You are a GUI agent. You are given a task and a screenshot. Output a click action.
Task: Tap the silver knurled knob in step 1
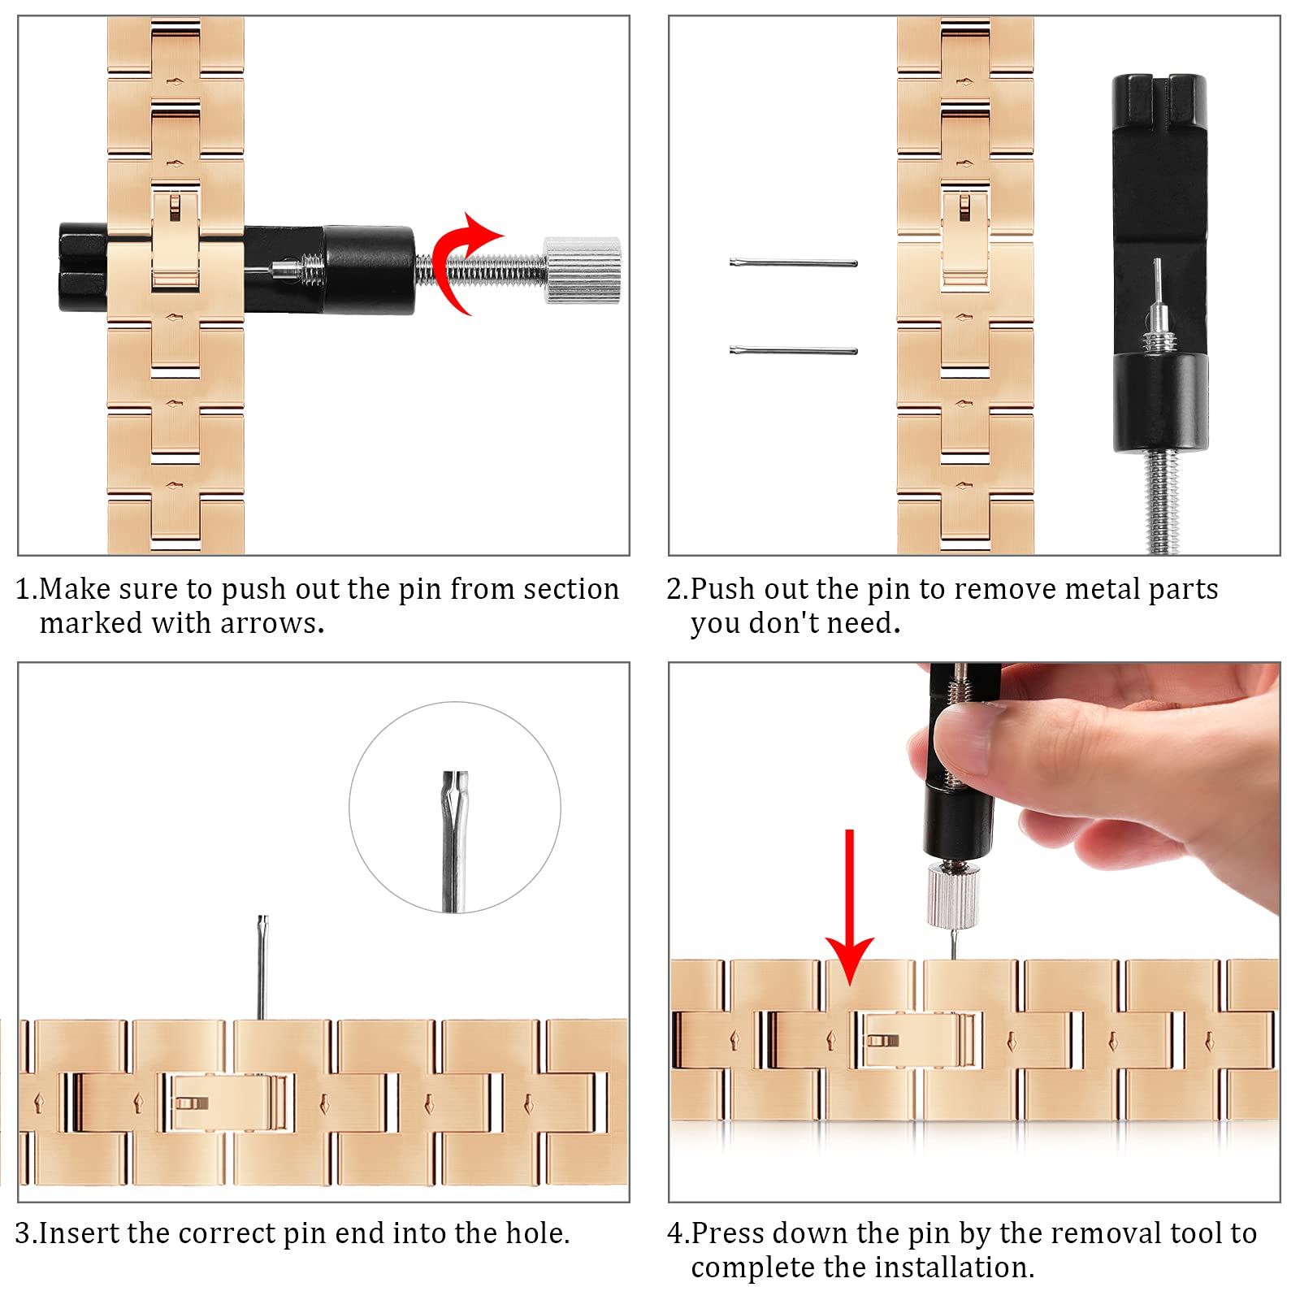click(x=582, y=271)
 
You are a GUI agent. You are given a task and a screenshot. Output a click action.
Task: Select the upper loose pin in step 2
click(x=794, y=262)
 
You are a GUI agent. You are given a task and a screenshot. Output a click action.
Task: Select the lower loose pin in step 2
click(x=794, y=350)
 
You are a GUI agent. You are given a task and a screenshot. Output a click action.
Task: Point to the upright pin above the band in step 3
click(x=262, y=967)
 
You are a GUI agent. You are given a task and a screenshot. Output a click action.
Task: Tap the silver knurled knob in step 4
click(x=953, y=896)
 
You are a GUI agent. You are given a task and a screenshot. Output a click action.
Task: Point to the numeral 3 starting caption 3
click(x=22, y=1233)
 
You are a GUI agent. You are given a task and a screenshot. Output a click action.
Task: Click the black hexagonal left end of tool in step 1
click(x=83, y=267)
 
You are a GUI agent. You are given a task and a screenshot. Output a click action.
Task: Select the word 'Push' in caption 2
click(x=721, y=589)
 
